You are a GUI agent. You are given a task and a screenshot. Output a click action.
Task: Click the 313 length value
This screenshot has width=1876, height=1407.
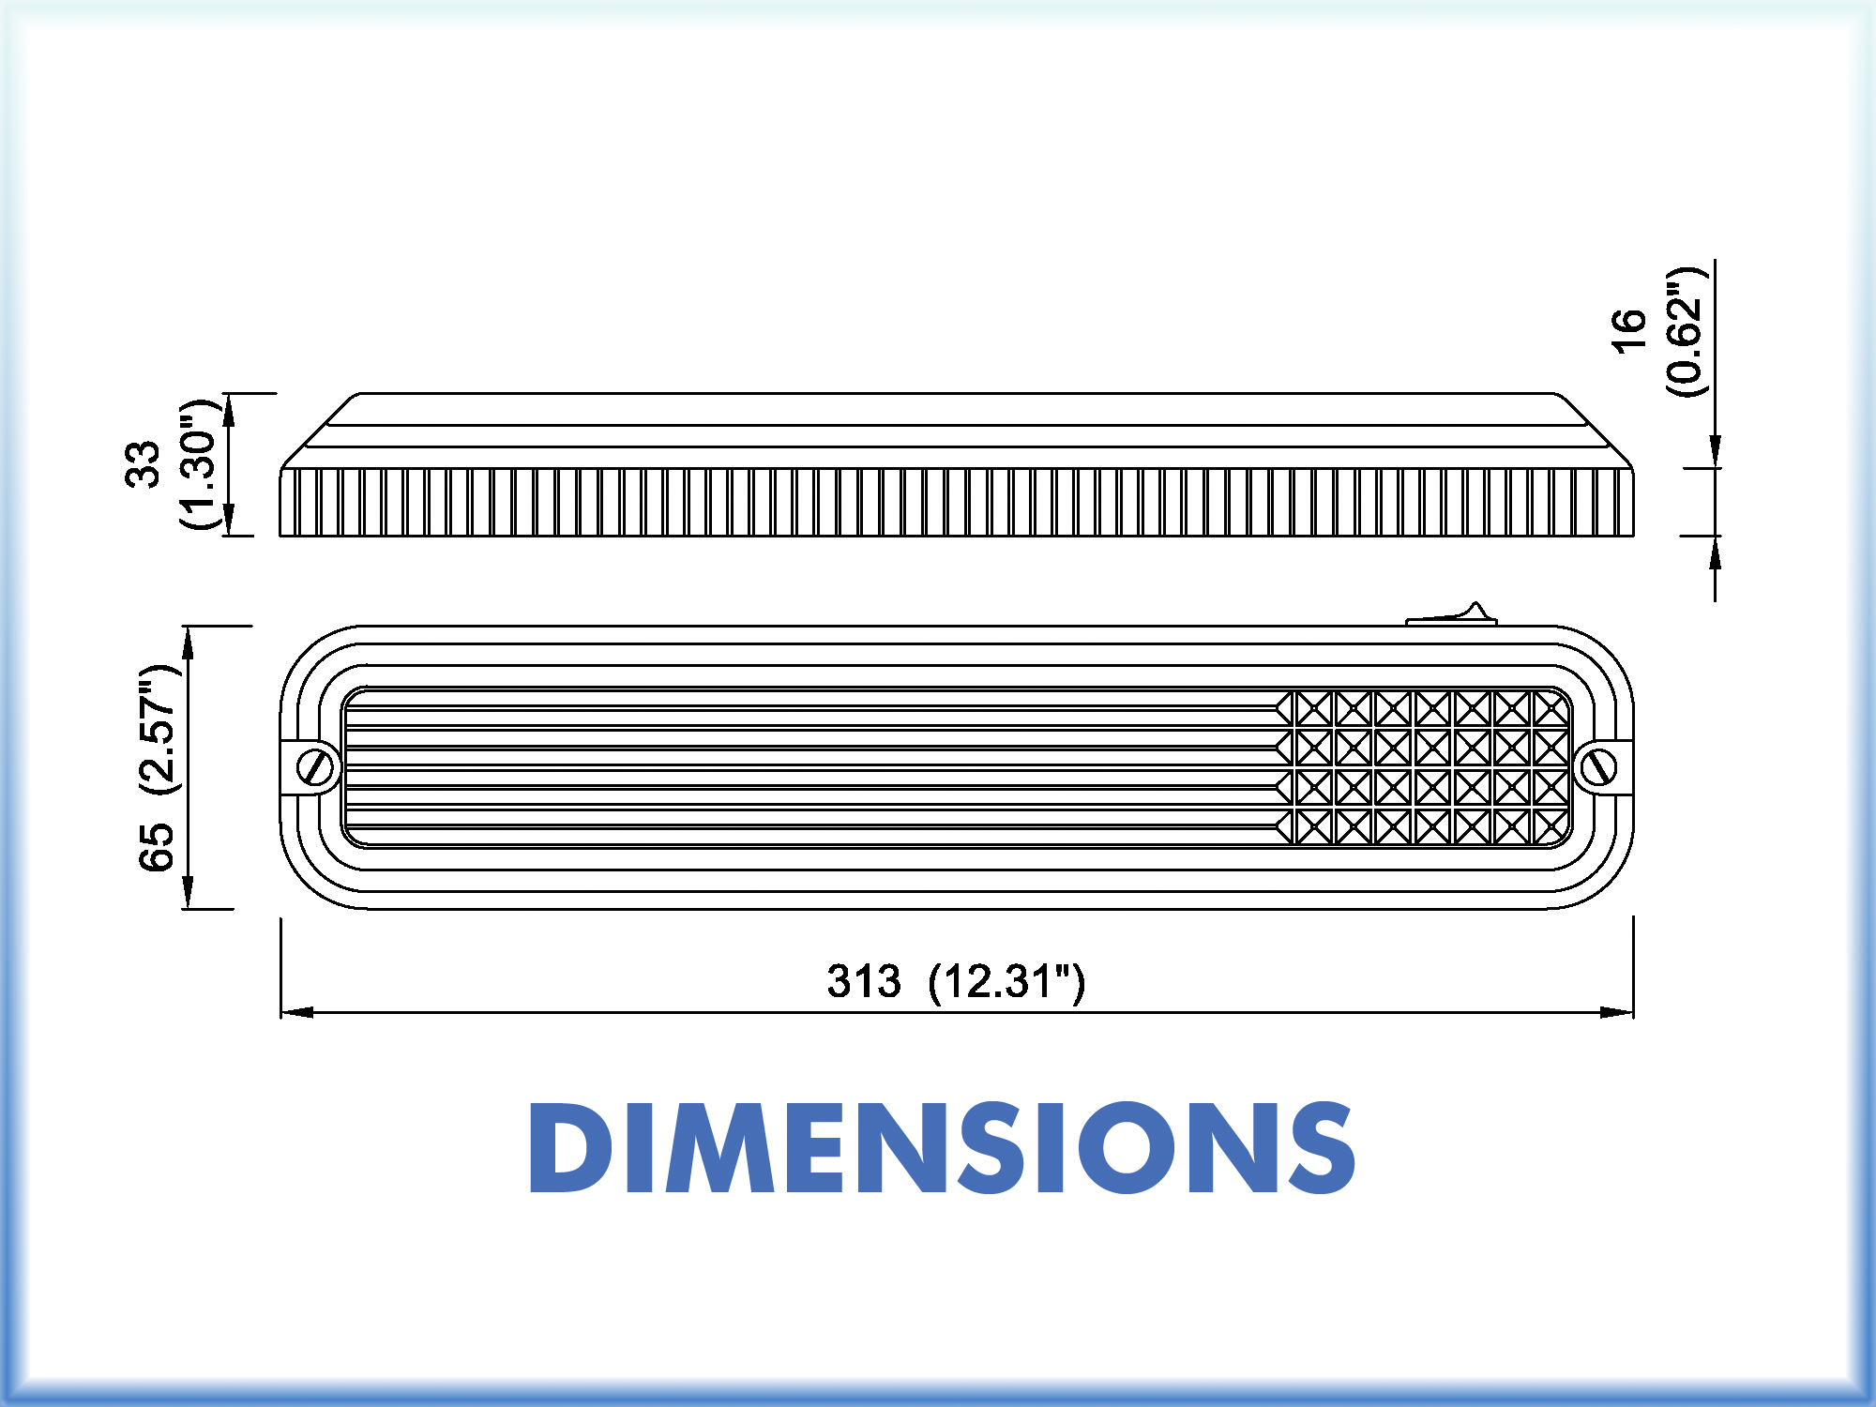863,981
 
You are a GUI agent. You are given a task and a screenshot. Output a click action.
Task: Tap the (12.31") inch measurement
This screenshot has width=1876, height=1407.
1006,982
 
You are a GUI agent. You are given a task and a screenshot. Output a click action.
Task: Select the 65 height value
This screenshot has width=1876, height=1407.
156,847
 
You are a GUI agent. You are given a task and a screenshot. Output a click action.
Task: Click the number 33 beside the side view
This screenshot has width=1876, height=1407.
143,463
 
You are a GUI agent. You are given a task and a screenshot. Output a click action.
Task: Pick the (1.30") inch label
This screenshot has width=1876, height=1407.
199,463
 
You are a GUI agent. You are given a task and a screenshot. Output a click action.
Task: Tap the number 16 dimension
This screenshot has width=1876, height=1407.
1628,331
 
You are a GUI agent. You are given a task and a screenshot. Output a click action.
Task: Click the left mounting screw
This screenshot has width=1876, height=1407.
317,767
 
